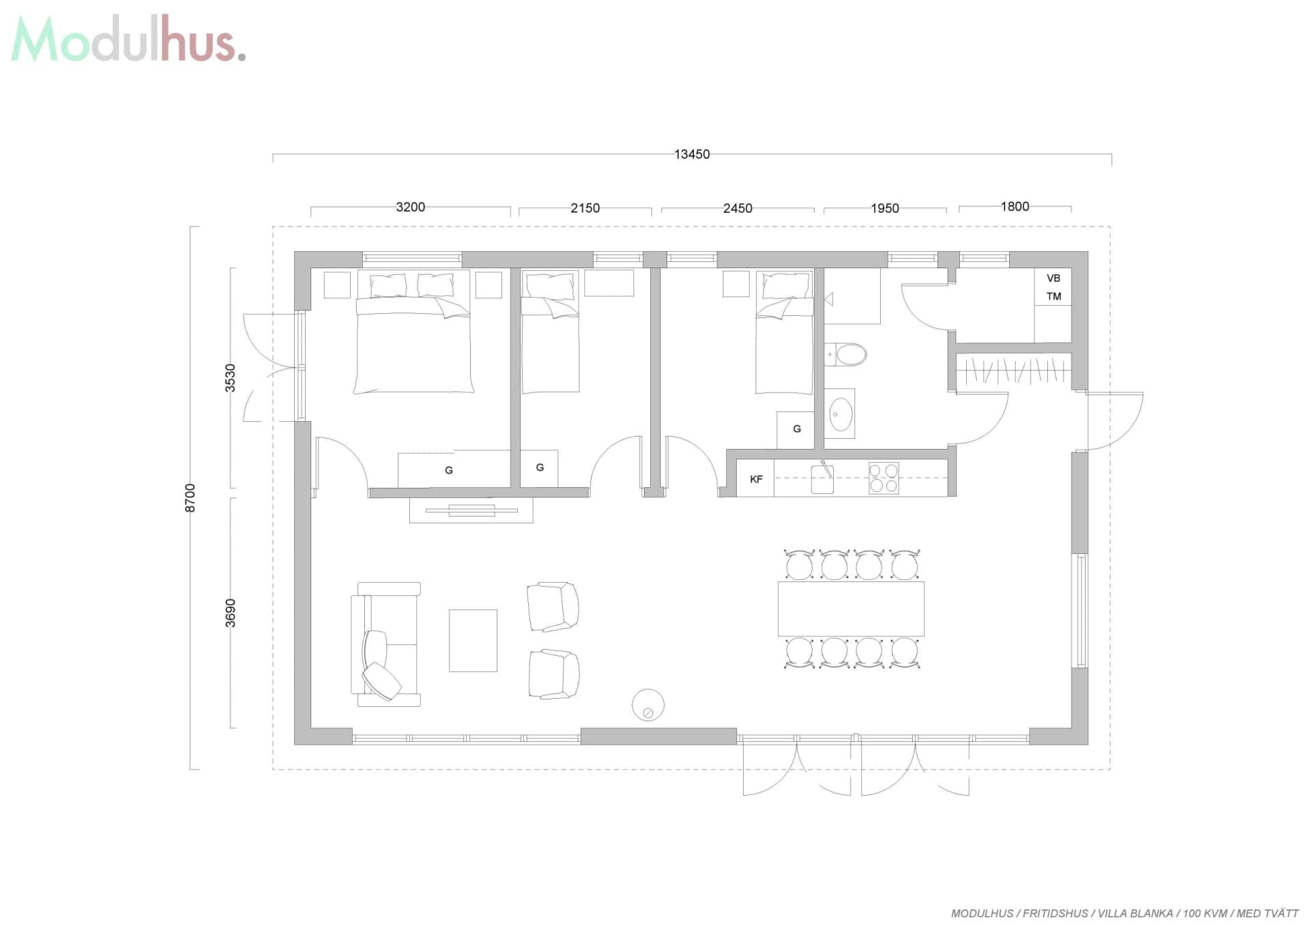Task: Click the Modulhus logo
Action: click(x=128, y=39)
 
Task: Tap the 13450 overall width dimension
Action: click(x=692, y=154)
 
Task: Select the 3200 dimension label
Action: click(x=410, y=207)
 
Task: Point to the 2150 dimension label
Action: click(x=585, y=208)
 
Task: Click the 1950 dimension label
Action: click(x=884, y=208)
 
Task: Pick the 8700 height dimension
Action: click(x=190, y=497)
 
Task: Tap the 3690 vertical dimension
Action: click(x=231, y=613)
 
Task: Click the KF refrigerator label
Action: click(x=756, y=479)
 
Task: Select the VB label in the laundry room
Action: click(x=1053, y=278)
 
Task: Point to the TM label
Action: click(x=1053, y=296)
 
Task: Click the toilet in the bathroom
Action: click(x=845, y=355)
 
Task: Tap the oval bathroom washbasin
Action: click(x=840, y=413)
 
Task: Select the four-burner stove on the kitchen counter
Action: click(x=884, y=478)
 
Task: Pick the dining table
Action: click(x=851, y=609)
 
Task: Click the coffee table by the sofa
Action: click(x=473, y=640)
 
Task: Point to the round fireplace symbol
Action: click(x=648, y=705)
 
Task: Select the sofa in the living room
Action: click(x=385, y=644)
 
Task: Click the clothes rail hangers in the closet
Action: click(x=1014, y=371)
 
